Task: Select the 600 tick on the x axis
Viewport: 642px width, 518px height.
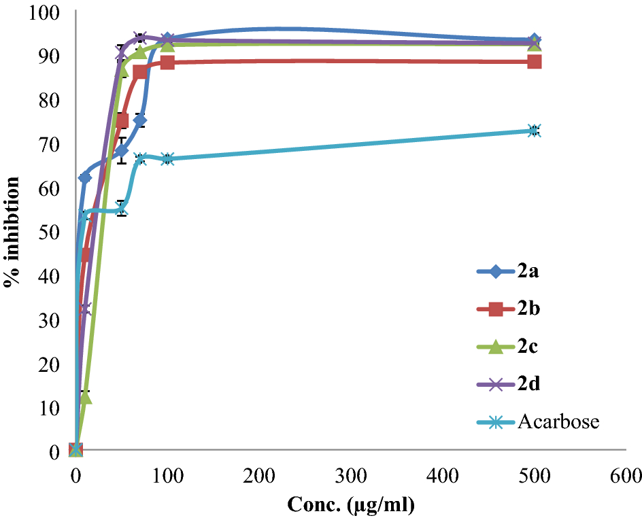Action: point(625,473)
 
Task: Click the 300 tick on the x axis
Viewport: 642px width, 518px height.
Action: point(350,473)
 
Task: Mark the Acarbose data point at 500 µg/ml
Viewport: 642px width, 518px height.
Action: point(534,131)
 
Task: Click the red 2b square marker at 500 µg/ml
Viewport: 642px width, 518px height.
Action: point(534,62)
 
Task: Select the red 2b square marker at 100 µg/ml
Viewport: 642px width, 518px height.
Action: point(167,63)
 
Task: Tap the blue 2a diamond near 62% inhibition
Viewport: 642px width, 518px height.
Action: point(85,178)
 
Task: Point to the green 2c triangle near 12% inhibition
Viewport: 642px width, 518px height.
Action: point(85,396)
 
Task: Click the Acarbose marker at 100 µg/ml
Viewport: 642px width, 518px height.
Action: point(167,159)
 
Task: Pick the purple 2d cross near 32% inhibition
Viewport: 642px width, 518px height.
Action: point(84,309)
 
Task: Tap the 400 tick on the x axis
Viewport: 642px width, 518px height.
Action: point(442,473)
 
